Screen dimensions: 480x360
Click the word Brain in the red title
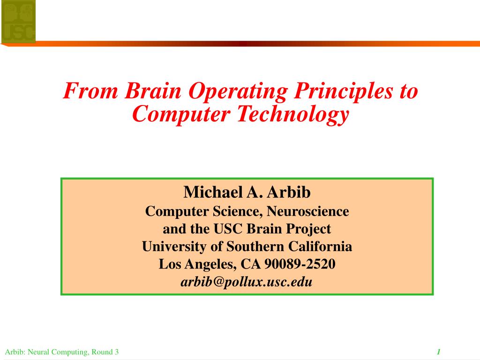click(x=153, y=90)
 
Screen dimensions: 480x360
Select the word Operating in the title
click(x=238, y=92)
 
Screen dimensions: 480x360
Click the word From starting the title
click(x=90, y=90)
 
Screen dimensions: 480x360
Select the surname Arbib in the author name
click(x=289, y=192)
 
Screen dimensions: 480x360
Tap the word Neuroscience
click(x=307, y=211)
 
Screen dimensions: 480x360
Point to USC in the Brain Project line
click(x=228, y=229)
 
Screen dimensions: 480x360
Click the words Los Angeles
click(x=197, y=264)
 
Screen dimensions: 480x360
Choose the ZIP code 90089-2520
click(x=300, y=264)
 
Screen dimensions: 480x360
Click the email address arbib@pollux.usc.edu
click(x=247, y=282)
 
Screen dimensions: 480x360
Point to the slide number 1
click(x=439, y=352)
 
